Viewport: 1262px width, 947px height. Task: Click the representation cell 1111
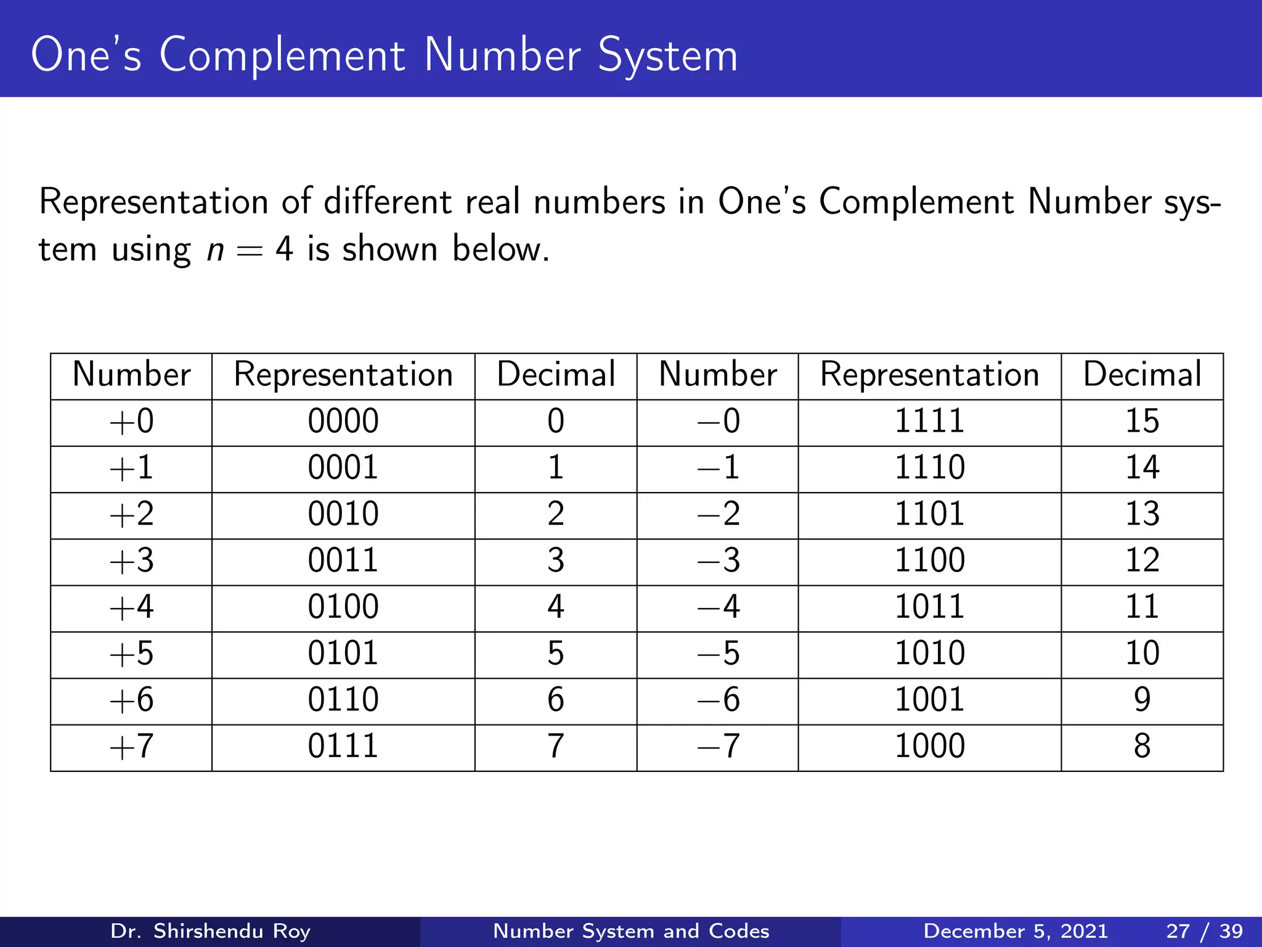pos(929,422)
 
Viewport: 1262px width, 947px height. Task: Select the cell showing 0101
pos(343,654)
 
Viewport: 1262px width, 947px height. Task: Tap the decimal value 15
pos(1142,422)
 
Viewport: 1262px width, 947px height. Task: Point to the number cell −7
pos(718,747)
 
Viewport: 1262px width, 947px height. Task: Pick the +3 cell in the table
pos(131,561)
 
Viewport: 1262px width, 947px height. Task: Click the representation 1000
pos(929,747)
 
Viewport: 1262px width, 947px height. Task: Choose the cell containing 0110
pos(343,700)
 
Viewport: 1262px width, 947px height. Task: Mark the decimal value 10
pos(1142,654)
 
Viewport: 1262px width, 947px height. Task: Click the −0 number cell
pos(718,422)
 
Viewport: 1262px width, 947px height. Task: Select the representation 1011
pos(929,607)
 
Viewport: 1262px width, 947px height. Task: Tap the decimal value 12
pos(1142,561)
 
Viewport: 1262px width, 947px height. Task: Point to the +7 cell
pos(131,747)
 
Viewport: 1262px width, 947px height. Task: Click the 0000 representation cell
pos(343,422)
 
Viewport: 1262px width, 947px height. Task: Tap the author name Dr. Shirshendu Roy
pos(210,931)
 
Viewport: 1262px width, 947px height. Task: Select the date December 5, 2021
pos(1016,931)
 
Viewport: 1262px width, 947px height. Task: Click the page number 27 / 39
pos(1204,931)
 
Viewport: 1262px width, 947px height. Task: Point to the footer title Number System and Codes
pos(631,931)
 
